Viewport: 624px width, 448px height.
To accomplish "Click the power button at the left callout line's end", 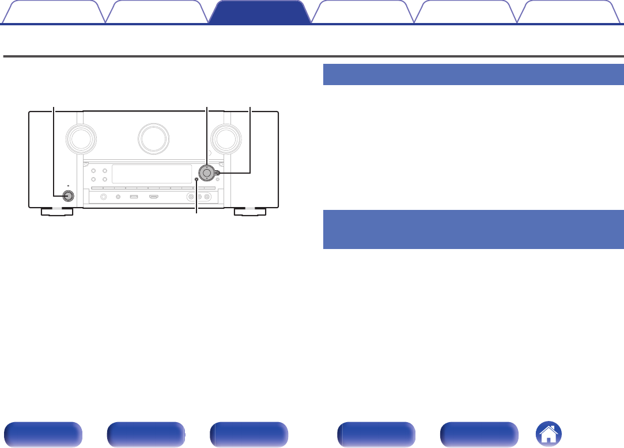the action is coord(68,195).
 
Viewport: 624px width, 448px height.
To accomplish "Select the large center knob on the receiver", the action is coord(154,137).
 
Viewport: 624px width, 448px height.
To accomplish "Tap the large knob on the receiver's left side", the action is coord(81,137).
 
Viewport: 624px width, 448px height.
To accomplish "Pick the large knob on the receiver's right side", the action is coord(226,137).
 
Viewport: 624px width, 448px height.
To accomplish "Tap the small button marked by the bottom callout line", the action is coord(196,179).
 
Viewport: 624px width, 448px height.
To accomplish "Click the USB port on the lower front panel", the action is coord(134,197).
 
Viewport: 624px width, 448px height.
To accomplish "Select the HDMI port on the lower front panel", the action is coord(154,197).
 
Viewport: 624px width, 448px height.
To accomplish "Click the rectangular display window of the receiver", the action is coord(152,174).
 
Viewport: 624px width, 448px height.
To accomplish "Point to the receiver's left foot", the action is coord(56,213).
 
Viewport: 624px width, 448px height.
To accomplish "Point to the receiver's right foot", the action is coord(250,213).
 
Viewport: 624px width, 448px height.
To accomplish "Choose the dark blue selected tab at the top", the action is coord(259,12).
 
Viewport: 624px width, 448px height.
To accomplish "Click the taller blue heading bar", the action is coord(473,229).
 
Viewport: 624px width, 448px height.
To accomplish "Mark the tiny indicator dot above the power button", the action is coord(68,186).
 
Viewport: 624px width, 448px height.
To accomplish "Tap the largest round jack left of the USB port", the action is coord(104,197).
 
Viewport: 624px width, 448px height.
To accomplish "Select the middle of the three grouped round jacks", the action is coord(198,197).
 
